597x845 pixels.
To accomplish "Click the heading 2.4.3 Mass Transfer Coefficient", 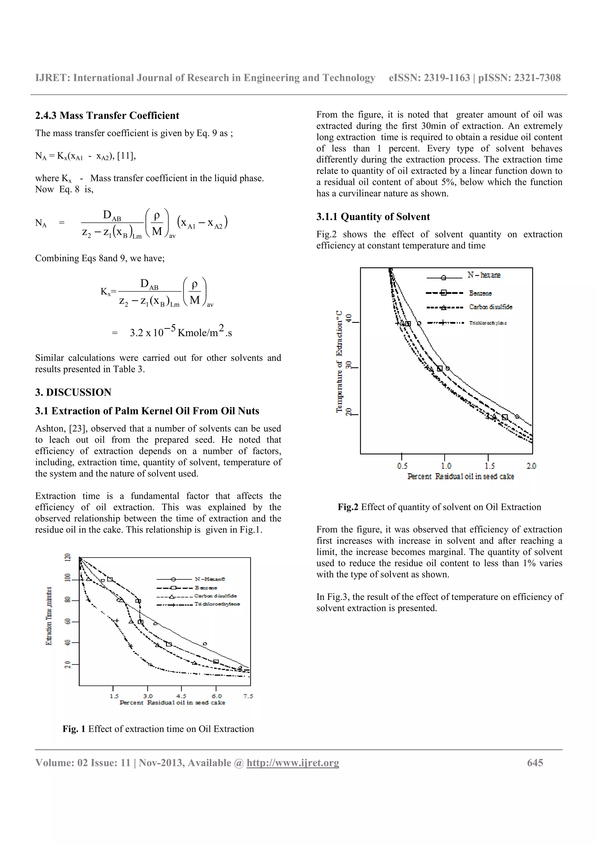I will tap(107, 115).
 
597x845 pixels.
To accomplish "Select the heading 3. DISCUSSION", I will tap(73, 392).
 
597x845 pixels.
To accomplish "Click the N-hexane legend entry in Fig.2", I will tap(484, 275).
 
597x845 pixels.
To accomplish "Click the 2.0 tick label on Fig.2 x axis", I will tap(531, 466).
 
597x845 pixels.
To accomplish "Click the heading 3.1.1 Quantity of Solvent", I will tap(373, 217).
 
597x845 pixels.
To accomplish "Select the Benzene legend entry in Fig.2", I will tap(480, 293).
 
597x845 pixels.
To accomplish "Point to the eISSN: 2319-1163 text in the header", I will tap(429, 78).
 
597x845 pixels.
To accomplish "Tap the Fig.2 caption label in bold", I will tap(347, 507).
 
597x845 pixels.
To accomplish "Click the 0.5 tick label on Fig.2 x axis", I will tap(402, 466).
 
